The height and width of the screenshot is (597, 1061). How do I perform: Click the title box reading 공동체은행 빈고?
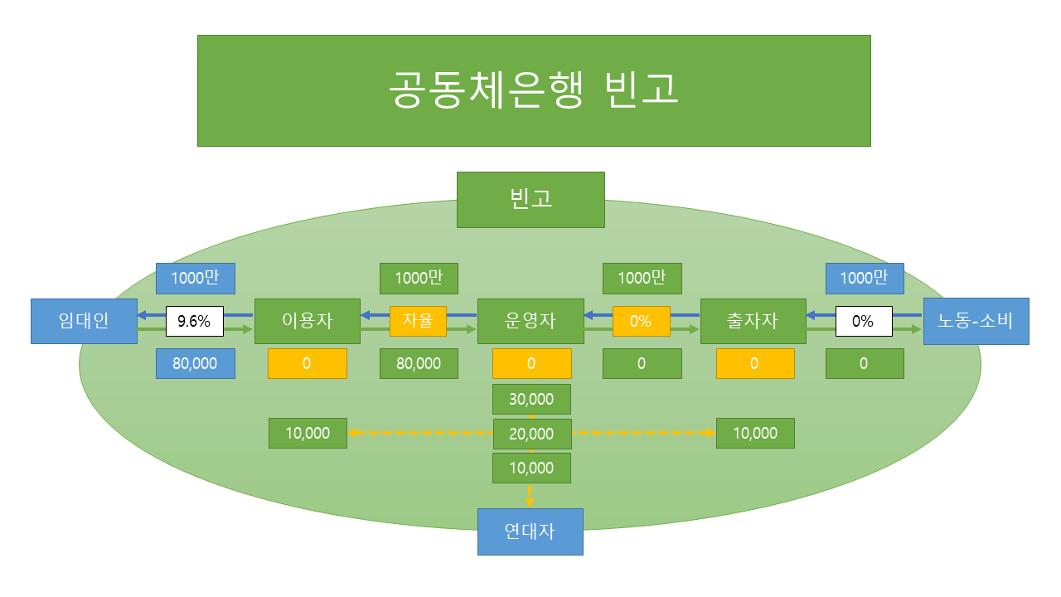(x=534, y=90)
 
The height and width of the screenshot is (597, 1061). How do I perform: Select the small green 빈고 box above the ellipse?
(x=530, y=199)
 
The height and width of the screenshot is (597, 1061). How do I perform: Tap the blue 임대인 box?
(x=84, y=321)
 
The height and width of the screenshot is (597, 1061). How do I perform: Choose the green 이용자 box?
(x=308, y=321)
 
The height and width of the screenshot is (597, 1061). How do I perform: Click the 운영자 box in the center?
(x=530, y=321)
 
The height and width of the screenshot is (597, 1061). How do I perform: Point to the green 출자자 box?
(x=753, y=321)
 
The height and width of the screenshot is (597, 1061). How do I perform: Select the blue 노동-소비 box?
(x=976, y=321)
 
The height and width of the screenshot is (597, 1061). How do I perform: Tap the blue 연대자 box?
(x=530, y=531)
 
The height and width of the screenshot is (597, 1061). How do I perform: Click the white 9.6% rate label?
(x=195, y=321)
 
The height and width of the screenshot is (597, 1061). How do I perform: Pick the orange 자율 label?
(x=418, y=321)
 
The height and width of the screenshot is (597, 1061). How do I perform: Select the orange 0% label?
(x=642, y=321)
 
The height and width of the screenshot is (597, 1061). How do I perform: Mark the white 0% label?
(x=864, y=321)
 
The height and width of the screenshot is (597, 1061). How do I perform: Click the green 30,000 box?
(x=531, y=399)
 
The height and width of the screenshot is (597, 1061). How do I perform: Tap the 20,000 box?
(x=531, y=434)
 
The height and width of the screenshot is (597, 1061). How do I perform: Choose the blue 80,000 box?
(x=195, y=363)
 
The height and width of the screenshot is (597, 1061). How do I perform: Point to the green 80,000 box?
(x=419, y=363)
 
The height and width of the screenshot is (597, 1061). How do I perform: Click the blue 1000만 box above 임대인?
(x=195, y=279)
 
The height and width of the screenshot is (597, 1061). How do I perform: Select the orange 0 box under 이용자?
(x=308, y=363)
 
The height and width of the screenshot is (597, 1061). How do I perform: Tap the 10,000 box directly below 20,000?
(x=531, y=468)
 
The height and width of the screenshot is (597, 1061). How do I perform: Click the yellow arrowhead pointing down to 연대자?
(x=530, y=501)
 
